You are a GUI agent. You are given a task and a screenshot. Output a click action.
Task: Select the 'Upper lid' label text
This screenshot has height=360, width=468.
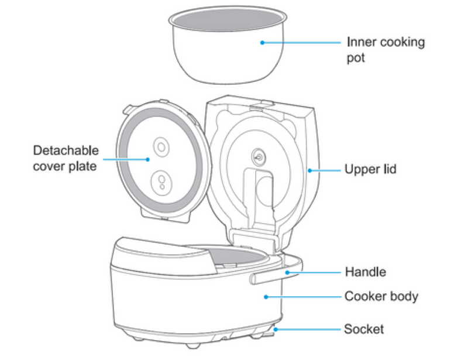370,170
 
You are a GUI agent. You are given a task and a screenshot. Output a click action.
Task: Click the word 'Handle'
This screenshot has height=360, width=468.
366,272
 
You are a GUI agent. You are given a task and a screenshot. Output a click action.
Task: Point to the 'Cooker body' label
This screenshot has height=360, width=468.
381,296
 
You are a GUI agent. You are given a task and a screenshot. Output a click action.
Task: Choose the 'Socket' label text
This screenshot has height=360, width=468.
364,329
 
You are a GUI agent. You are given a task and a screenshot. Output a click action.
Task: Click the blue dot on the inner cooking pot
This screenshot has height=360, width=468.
263,42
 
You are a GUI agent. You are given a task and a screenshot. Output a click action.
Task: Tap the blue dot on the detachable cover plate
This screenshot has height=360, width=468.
148,158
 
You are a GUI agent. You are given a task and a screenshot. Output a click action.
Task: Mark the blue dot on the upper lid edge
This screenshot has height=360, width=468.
309,170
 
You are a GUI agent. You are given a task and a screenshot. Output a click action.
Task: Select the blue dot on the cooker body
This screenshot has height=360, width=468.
266,297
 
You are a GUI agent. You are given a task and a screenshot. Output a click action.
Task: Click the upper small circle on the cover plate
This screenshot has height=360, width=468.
161,145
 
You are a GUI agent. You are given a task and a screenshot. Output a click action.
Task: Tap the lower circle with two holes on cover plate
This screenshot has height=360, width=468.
160,181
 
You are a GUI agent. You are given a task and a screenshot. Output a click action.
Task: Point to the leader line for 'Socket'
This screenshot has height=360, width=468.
310,330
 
